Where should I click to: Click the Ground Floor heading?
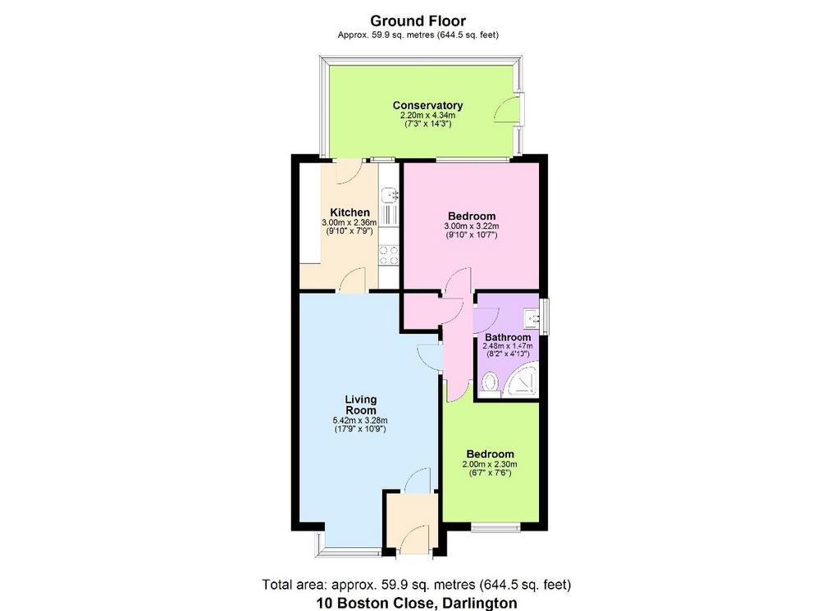click(x=418, y=21)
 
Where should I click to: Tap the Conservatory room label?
click(x=427, y=106)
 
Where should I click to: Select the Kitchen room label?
click(x=349, y=212)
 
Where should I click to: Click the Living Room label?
click(x=361, y=405)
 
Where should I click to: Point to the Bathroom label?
click(x=508, y=337)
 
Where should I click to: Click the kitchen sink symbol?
click(x=389, y=195)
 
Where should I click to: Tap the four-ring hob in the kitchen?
click(x=389, y=255)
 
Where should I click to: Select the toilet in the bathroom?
click(x=490, y=384)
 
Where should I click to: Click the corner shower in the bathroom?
click(x=519, y=380)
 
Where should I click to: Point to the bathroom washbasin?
click(x=532, y=318)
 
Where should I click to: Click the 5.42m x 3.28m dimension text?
click(x=360, y=421)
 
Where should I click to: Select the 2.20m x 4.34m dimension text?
click(x=427, y=116)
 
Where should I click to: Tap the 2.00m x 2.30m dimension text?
click(x=490, y=464)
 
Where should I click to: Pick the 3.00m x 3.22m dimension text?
click(x=472, y=226)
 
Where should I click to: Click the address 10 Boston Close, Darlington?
click(x=417, y=603)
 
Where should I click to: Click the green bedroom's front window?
click(x=495, y=527)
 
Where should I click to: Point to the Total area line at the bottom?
click(x=417, y=584)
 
